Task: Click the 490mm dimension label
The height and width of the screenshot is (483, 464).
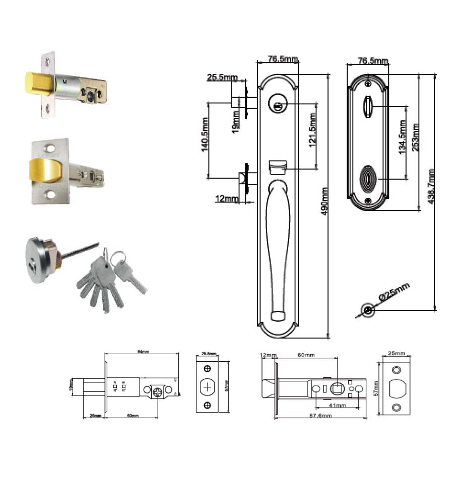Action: pos(325,201)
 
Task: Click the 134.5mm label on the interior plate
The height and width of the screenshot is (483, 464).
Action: pos(403,137)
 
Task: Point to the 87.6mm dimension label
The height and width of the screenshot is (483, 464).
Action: pos(320,416)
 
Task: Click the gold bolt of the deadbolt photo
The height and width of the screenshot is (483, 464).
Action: pos(38,83)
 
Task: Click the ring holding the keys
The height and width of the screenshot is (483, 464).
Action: pos(118,258)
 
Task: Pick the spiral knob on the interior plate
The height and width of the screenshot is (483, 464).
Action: pos(368,179)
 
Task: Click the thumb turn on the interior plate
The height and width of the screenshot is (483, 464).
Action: pos(368,106)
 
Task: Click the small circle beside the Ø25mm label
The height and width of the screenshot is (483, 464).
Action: pos(369,310)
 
